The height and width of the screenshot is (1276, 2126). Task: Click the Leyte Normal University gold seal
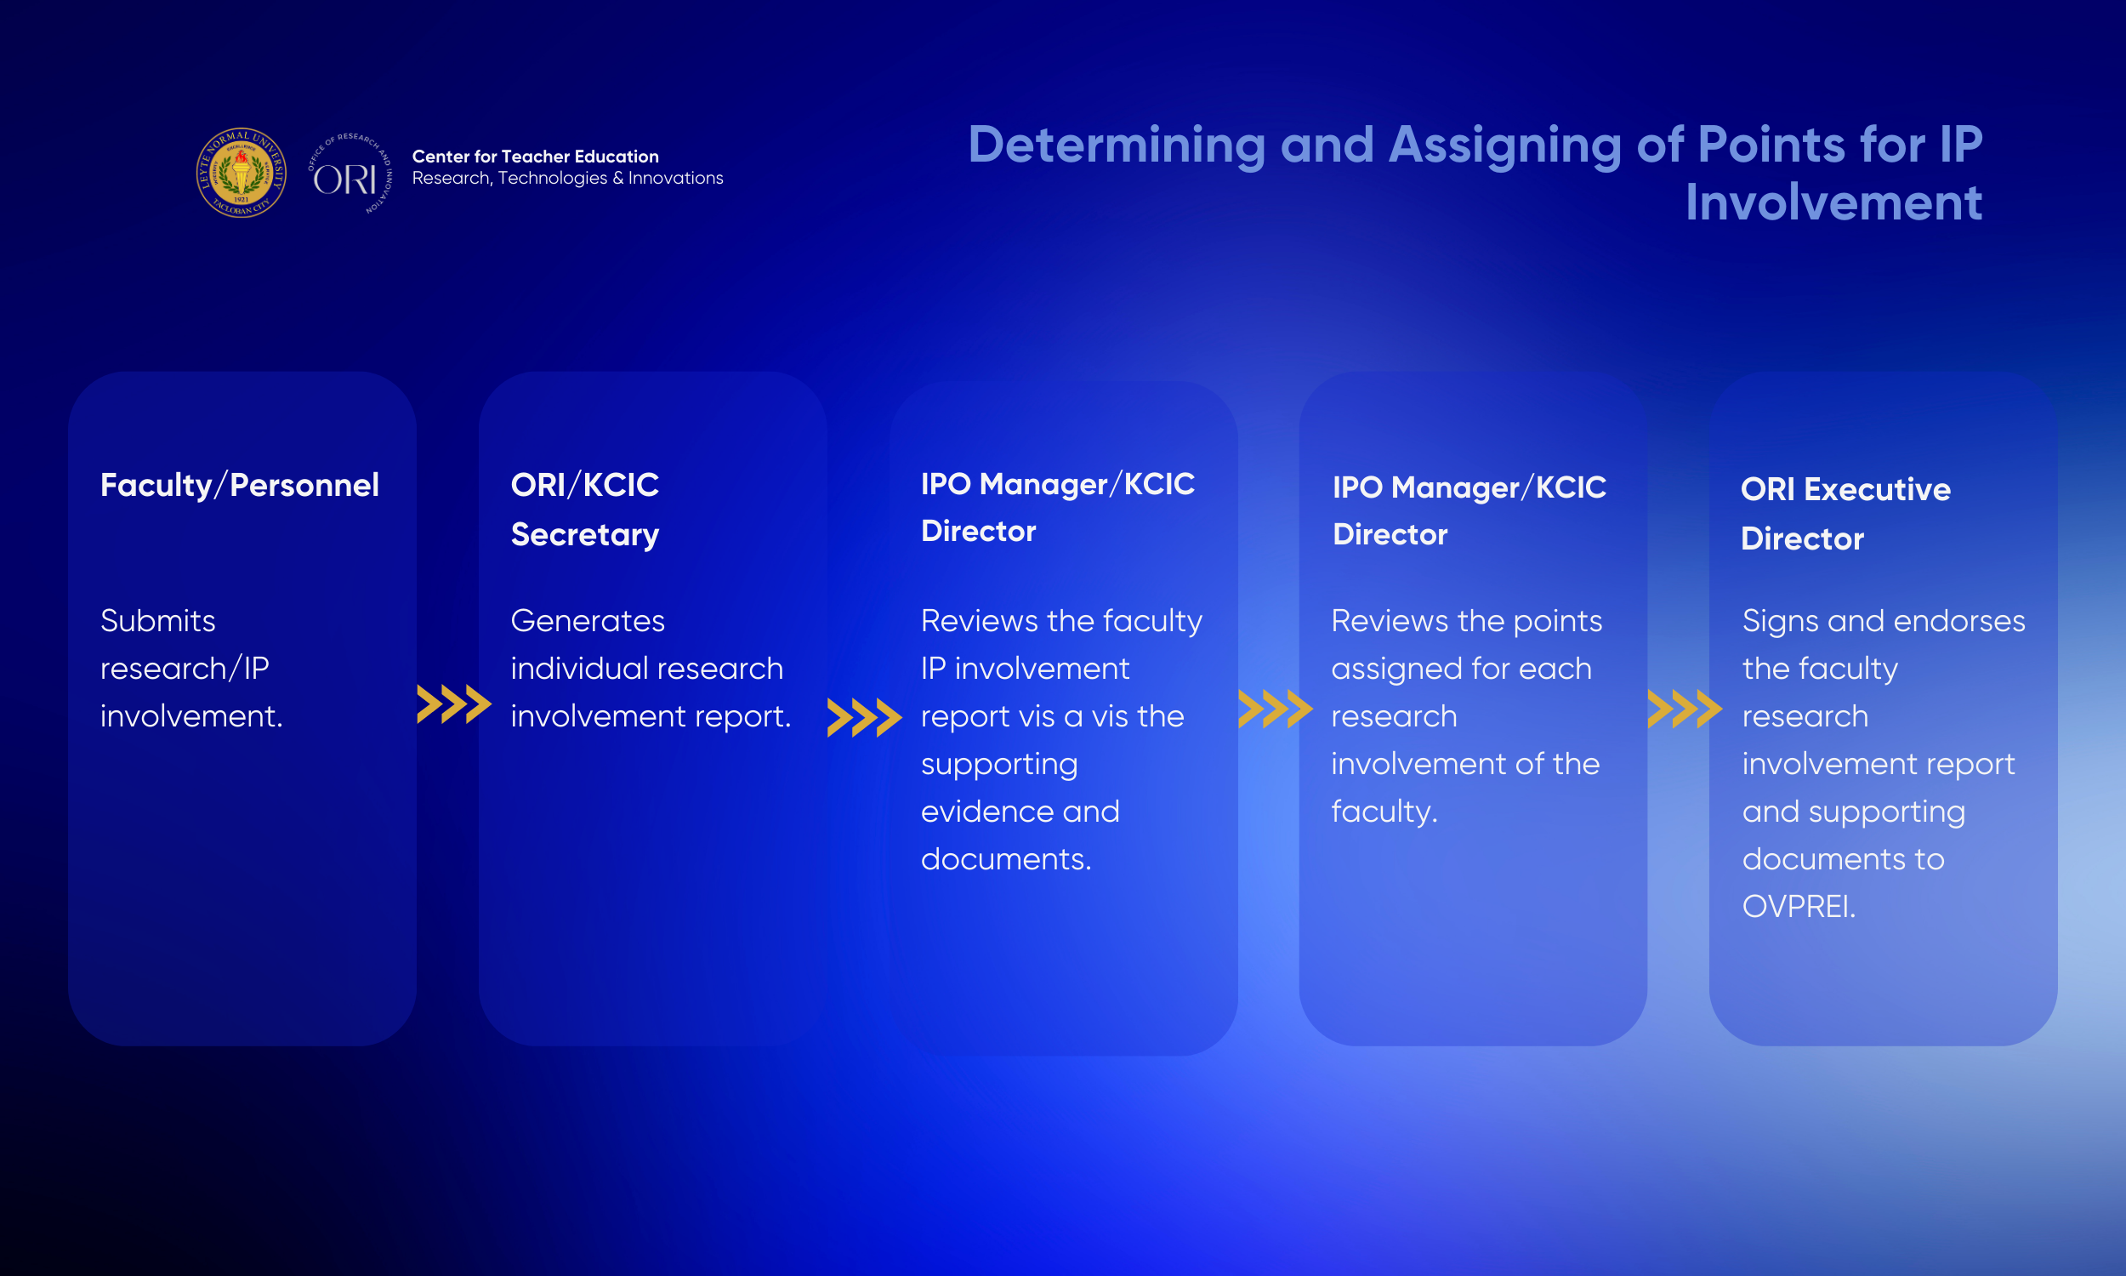(x=242, y=173)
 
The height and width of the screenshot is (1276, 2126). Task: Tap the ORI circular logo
(x=350, y=174)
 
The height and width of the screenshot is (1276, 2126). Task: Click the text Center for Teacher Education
(x=536, y=157)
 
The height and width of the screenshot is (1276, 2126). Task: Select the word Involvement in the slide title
(x=1833, y=203)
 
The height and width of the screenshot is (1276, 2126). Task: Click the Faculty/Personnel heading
(x=240, y=486)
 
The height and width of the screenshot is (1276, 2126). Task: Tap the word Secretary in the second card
(x=585, y=536)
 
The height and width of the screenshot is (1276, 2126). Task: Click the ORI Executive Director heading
(x=1846, y=514)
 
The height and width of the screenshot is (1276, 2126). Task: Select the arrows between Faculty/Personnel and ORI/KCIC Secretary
(x=454, y=704)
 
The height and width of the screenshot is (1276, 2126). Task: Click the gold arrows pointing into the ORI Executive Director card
(x=1685, y=709)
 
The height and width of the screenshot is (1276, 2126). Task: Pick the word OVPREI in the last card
(x=1799, y=906)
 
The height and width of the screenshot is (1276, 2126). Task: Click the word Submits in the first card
(x=158, y=621)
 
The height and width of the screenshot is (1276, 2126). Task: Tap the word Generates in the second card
(x=588, y=621)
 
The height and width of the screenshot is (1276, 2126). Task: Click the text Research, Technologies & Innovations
(x=568, y=178)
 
